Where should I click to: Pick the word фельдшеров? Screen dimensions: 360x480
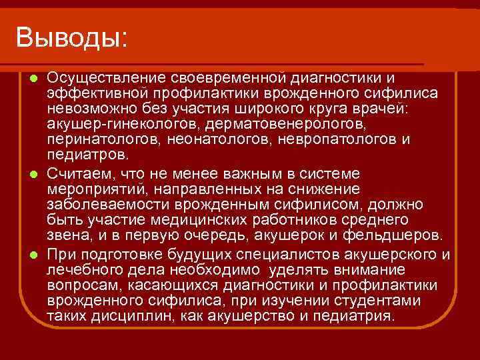[393, 236]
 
